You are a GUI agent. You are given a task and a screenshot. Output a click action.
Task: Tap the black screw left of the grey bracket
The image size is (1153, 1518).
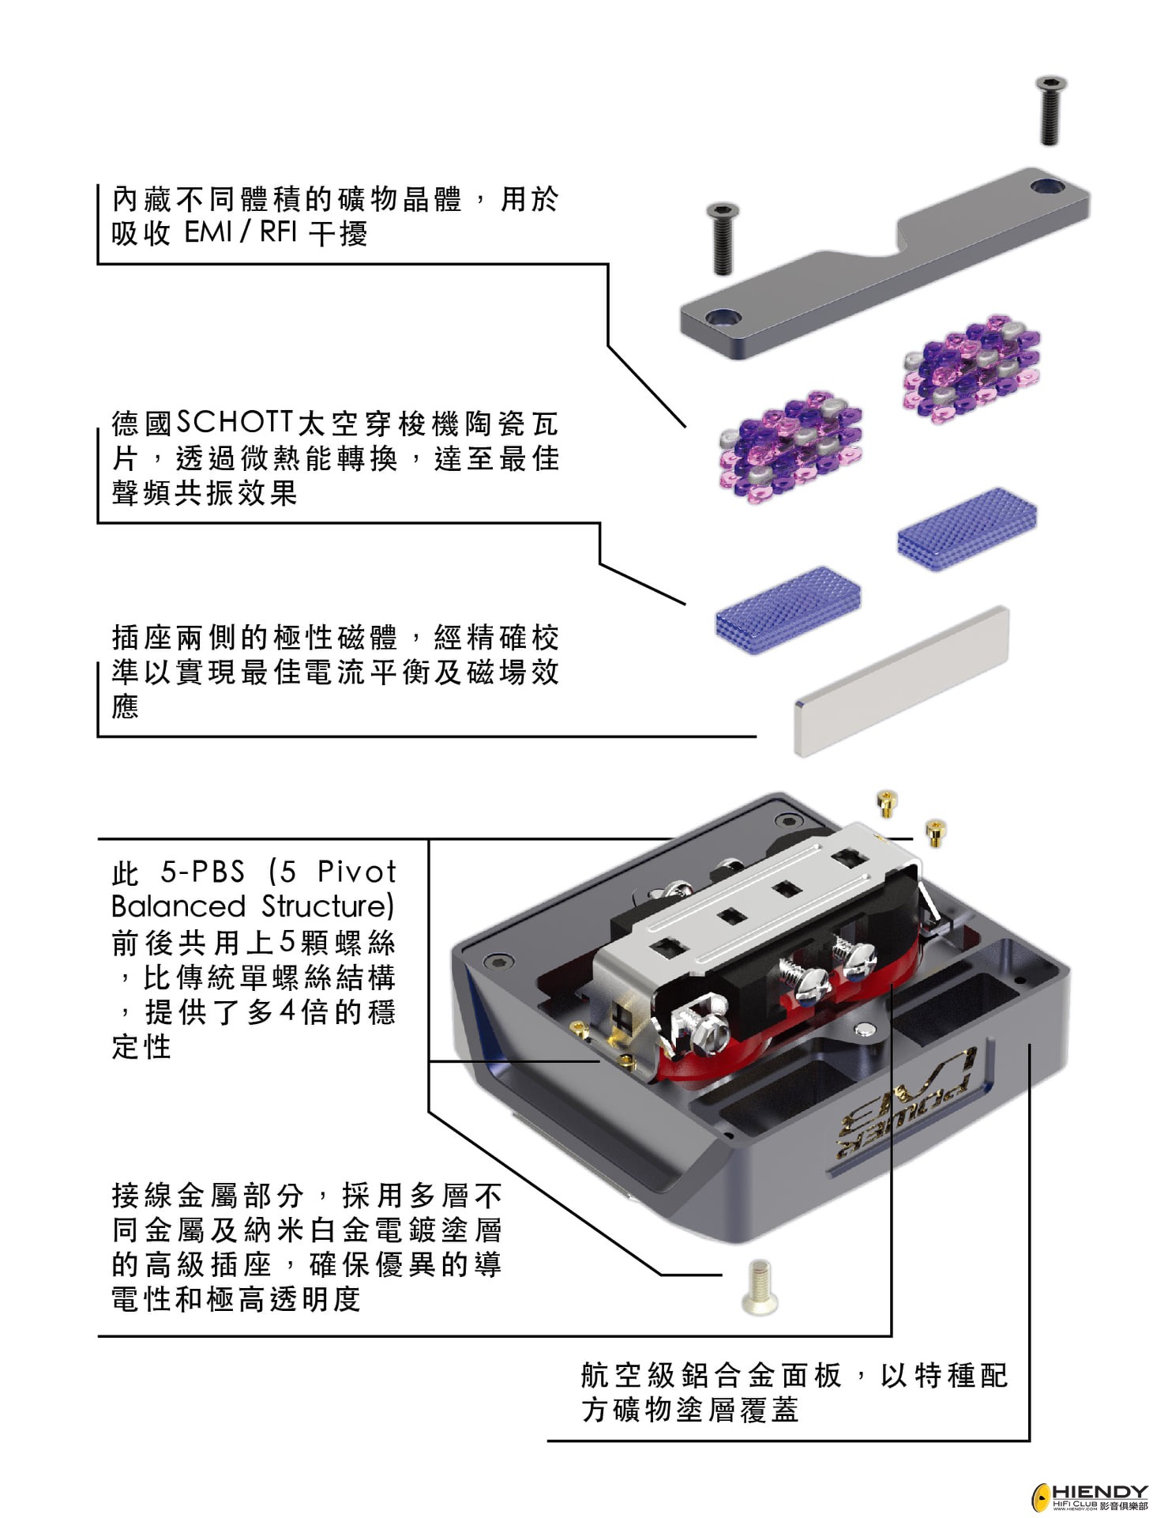pos(723,238)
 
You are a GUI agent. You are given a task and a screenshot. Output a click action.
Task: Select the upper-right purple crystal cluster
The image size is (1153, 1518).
pos(971,367)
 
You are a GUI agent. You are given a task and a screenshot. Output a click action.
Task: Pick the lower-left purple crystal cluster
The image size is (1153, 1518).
pos(790,446)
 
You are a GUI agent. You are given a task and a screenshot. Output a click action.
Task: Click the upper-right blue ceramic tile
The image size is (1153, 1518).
pos(967,528)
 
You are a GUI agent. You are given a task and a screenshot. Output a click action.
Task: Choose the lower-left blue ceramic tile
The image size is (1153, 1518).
pos(787,609)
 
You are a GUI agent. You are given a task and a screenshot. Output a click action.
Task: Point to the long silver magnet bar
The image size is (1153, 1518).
pos(901,680)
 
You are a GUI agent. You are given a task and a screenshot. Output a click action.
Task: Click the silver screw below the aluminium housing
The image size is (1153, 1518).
pos(760,1286)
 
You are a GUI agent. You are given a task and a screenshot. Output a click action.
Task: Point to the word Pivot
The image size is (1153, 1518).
pos(356,872)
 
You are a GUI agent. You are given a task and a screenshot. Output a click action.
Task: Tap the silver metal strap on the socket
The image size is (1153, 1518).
pos(758,909)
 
